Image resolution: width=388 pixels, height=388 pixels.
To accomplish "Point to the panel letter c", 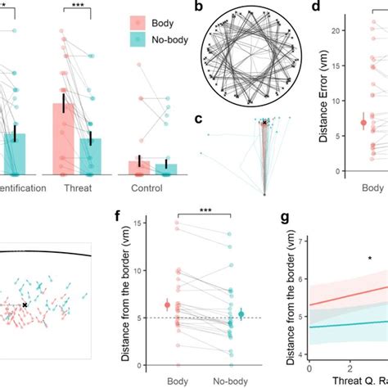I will (x=198, y=120).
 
